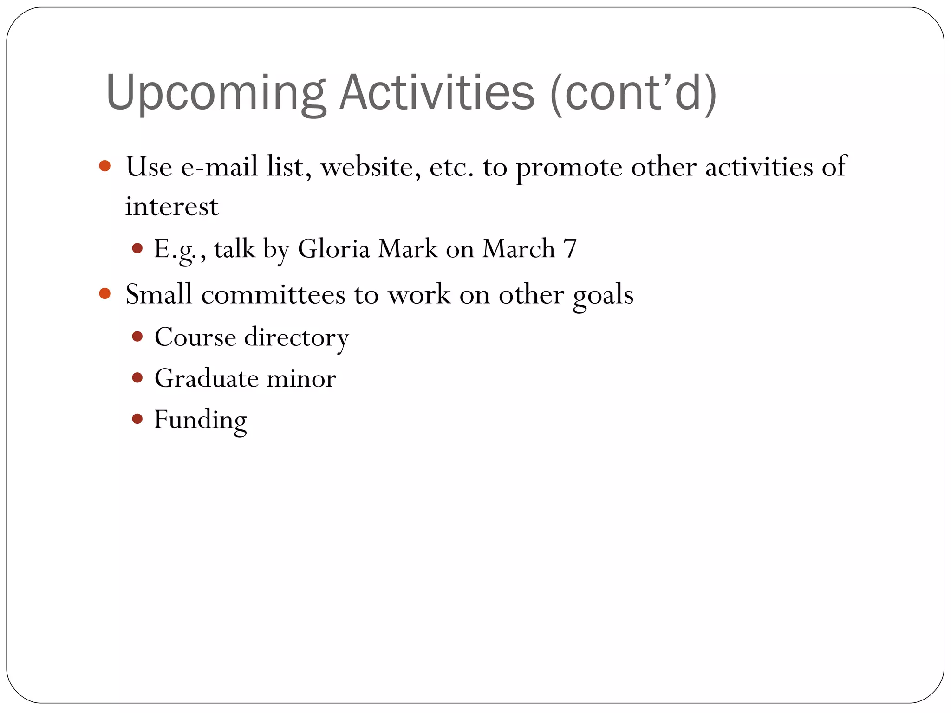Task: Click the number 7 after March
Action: point(570,249)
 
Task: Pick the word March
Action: point(519,249)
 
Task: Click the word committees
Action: point(273,294)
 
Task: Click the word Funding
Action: point(200,420)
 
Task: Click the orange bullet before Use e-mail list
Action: point(105,166)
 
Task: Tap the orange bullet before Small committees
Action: point(105,293)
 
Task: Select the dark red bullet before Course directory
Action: point(137,337)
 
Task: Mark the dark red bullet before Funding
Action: point(137,419)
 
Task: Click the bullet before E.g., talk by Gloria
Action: point(137,248)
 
